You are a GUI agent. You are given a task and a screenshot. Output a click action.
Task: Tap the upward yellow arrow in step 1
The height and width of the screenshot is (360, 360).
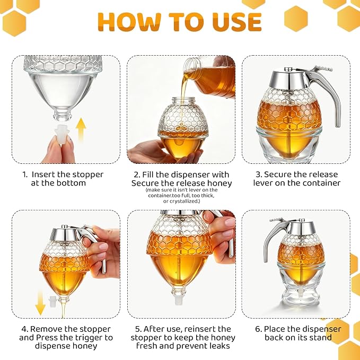tap(81, 130)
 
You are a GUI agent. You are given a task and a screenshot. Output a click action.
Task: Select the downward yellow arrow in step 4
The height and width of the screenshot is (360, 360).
tap(40, 302)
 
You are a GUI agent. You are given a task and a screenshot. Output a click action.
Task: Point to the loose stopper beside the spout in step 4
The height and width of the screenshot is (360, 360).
tap(53, 302)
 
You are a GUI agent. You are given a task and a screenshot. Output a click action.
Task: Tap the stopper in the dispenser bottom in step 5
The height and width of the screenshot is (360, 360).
tap(179, 300)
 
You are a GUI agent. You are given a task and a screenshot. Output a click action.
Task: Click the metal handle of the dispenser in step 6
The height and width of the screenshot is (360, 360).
tap(276, 236)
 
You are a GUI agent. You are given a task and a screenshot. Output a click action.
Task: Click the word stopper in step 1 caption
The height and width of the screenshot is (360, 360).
tap(89, 174)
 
